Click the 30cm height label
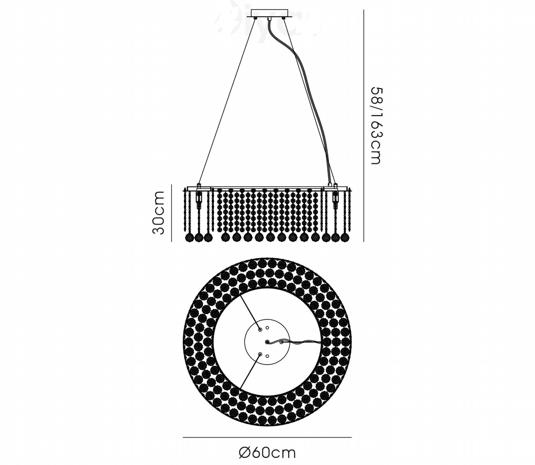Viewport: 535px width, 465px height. click(x=158, y=213)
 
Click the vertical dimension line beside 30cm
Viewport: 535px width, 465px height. click(x=171, y=213)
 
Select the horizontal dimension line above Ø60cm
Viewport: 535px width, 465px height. click(x=267, y=437)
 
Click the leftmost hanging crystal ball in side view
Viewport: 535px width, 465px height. click(x=189, y=237)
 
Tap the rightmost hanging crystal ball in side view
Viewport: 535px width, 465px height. click(x=345, y=237)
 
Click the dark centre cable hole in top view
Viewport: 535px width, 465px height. click(x=267, y=342)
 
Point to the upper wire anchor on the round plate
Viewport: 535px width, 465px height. click(x=260, y=330)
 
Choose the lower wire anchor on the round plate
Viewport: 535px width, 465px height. click(x=260, y=354)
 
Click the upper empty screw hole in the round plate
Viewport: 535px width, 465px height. click(x=267, y=328)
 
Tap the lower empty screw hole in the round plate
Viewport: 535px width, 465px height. click(x=267, y=356)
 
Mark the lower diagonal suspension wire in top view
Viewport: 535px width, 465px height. click(x=250, y=371)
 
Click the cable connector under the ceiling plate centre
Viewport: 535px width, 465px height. click(x=270, y=19)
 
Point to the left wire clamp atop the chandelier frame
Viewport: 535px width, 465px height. click(x=199, y=185)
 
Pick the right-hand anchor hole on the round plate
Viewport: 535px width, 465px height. click(x=281, y=342)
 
